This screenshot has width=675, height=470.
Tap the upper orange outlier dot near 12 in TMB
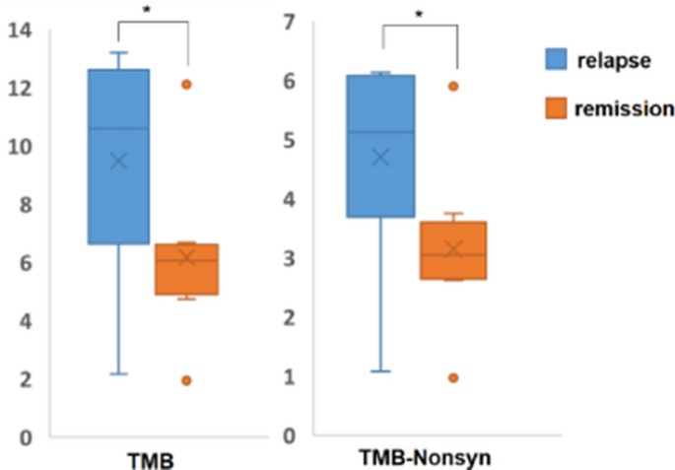[186, 85]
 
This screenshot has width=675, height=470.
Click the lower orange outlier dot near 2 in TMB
[186, 380]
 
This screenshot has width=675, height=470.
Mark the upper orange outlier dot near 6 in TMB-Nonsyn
[454, 87]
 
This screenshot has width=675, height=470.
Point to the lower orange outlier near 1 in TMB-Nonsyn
[454, 377]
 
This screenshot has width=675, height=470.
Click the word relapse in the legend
[619, 60]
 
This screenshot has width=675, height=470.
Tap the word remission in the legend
[626, 108]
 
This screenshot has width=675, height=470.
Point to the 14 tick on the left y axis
[21, 31]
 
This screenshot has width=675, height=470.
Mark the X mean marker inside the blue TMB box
[118, 162]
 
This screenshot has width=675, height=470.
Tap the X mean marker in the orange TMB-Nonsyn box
[454, 249]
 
